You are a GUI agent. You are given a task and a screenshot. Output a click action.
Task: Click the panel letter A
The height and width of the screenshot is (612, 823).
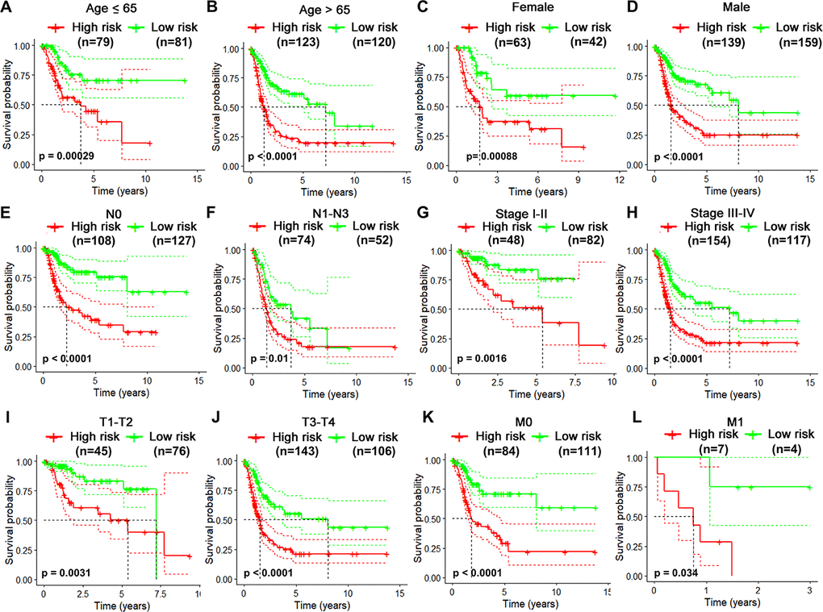pyautogui.click(x=7, y=7)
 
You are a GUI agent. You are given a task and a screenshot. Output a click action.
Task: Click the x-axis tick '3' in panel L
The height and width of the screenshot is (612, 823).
pyautogui.click(x=808, y=590)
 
